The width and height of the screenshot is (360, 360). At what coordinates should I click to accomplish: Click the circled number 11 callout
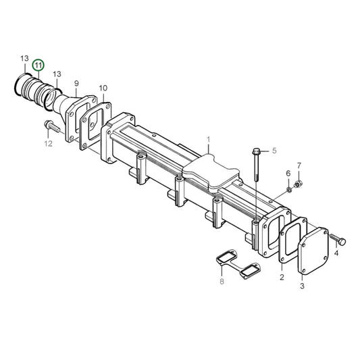pos(38,65)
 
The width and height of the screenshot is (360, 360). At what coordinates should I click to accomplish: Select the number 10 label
pos(103,88)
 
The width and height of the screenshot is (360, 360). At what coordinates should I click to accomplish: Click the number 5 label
pos(274,151)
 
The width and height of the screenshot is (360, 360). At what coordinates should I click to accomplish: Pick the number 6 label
pos(288,173)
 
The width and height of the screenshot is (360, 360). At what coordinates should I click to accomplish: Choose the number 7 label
pos(299,165)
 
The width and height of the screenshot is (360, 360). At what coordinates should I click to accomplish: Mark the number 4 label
pos(336,253)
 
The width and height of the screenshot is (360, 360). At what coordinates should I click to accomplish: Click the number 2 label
pos(282,277)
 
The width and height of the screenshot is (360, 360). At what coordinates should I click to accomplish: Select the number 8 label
pos(221,280)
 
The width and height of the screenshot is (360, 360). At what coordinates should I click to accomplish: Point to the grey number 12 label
pos(48,143)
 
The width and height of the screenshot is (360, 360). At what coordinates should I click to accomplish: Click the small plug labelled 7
pos(300,183)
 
